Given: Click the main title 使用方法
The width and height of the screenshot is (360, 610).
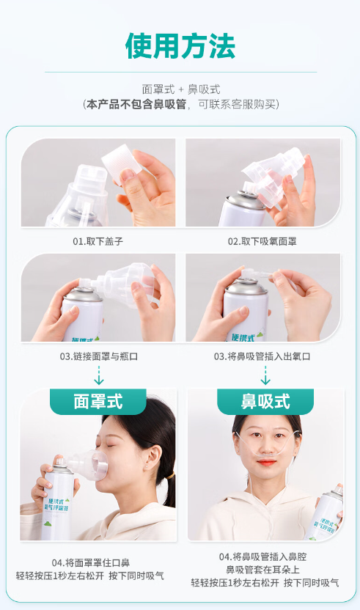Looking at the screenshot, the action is click(x=180, y=46).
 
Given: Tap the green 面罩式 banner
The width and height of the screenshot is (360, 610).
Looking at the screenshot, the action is click(x=98, y=402).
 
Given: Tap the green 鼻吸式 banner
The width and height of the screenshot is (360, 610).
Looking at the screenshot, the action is click(x=265, y=402).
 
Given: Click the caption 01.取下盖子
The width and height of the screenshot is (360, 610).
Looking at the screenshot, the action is click(x=98, y=242).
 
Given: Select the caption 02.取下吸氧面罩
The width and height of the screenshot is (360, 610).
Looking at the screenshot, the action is click(x=262, y=242).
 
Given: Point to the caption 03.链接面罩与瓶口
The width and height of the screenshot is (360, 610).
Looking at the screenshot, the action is click(x=99, y=356).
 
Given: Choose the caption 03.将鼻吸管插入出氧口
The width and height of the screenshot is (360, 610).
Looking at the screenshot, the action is click(x=262, y=356).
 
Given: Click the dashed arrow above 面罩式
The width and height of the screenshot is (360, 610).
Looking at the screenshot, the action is click(x=99, y=375).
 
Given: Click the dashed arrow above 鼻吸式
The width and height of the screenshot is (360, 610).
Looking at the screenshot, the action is click(x=265, y=375).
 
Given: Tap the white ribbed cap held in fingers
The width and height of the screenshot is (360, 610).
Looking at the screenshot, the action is click(x=122, y=161).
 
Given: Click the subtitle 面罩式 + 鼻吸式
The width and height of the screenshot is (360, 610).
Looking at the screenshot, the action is click(x=181, y=89).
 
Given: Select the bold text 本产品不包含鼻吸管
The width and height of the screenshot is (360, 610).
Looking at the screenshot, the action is click(x=136, y=105).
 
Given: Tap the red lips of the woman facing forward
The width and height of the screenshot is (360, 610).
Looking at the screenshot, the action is click(x=267, y=463).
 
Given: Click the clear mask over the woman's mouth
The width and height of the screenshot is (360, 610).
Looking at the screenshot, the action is click(x=92, y=465).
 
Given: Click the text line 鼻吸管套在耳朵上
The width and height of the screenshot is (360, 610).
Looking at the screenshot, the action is click(x=262, y=570).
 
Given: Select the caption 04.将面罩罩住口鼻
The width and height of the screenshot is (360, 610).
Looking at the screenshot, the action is click(x=91, y=563).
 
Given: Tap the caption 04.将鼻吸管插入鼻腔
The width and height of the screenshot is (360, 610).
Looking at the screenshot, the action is click(x=262, y=557).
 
